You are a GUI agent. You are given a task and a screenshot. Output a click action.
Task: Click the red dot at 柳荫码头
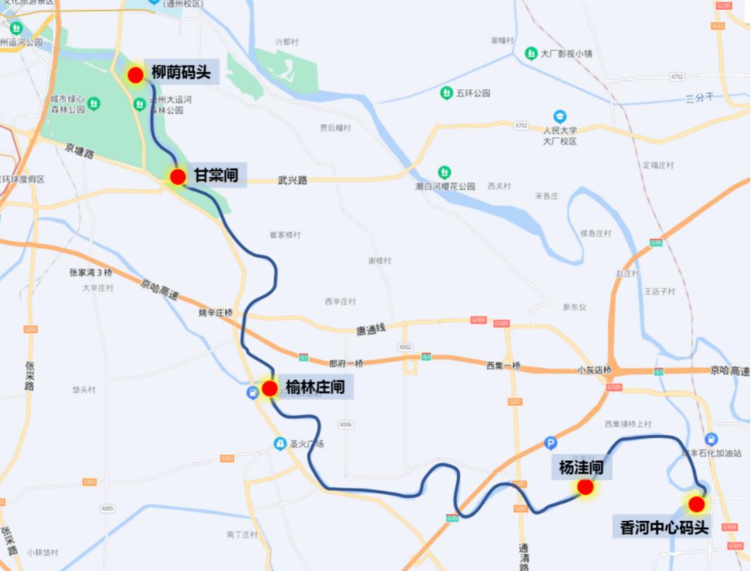tap(135, 75)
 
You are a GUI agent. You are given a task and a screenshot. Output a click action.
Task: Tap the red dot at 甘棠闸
tap(178, 177)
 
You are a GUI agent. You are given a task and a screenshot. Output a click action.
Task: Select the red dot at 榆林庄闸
tap(270, 388)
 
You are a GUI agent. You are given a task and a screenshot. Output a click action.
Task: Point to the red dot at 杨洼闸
tap(585, 488)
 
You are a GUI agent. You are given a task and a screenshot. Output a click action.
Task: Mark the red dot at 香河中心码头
tap(696, 504)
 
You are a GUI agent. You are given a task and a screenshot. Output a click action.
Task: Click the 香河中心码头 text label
tap(664, 528)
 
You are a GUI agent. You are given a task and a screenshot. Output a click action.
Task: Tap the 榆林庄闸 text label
tap(315, 387)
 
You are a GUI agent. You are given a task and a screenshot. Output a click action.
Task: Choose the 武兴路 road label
tap(292, 180)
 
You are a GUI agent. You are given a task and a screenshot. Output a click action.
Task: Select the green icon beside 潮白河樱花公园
tap(444, 172)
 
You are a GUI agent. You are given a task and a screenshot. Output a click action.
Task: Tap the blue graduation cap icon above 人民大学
tap(559, 116)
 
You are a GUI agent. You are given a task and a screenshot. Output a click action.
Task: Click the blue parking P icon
tap(551, 443)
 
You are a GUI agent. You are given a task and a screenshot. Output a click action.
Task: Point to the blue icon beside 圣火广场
tap(280, 443)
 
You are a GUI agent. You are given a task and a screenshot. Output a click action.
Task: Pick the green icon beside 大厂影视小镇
tap(531, 53)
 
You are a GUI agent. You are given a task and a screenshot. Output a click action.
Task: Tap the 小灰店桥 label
tap(594, 370)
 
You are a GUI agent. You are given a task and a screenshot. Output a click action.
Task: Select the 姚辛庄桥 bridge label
tap(215, 313)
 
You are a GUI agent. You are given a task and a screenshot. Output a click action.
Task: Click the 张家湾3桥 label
tap(91, 273)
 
